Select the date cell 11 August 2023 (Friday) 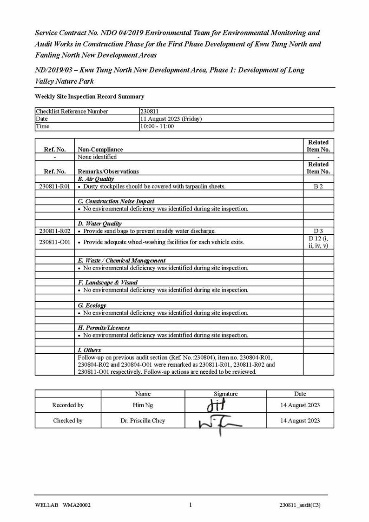[171, 119]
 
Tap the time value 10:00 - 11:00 [157, 126]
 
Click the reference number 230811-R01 [54, 186]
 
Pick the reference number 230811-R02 [54, 231]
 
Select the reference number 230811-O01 [54, 242]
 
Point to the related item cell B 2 [318, 186]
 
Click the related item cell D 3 [318, 231]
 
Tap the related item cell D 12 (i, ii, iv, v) [318, 242]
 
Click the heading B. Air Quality [96, 179]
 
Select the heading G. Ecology [92, 305]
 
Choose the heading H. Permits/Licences [104, 328]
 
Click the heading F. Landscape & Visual [107, 283]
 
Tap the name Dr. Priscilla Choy [143, 421]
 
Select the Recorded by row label [68, 405]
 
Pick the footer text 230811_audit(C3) [300, 506]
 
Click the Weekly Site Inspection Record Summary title [90, 97]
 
